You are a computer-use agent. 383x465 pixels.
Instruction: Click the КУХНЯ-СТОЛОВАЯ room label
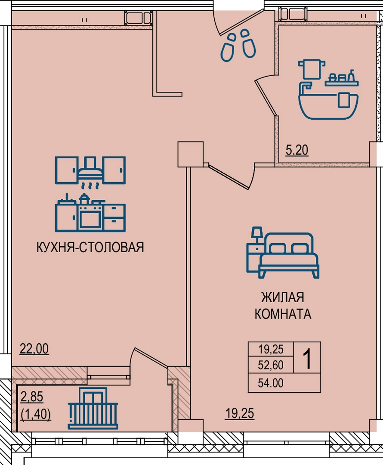tap(90, 247)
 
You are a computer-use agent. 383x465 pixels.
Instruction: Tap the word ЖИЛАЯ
tap(282, 298)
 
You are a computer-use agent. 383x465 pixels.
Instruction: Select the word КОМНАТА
tap(283, 314)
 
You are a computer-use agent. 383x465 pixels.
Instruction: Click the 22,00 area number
tap(34, 349)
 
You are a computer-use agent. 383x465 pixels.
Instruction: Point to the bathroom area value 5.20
tap(297, 150)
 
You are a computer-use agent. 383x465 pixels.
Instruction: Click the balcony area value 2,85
tap(32, 397)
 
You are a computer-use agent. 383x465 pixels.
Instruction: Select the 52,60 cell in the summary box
tap(271, 365)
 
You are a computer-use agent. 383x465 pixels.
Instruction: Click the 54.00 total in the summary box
tap(271, 383)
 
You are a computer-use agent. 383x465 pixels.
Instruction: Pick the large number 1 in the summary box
tap(307, 358)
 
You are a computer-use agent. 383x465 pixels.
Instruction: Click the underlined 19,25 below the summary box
tap(240, 413)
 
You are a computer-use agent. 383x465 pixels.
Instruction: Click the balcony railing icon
tap(93, 408)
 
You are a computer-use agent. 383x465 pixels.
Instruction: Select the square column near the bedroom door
tap(190, 154)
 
